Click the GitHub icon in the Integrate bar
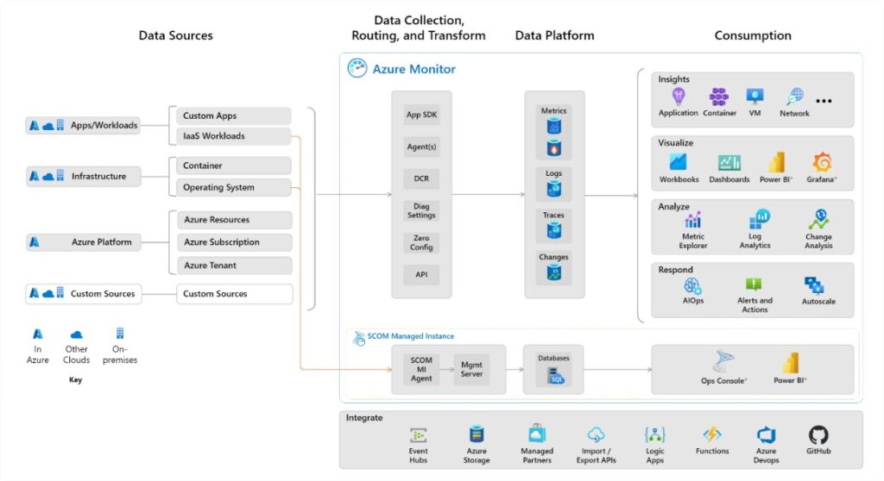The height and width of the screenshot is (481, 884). (x=818, y=434)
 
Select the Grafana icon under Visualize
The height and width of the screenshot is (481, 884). (x=822, y=162)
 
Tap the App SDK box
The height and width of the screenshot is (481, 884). (x=420, y=115)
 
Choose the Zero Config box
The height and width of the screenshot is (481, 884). (x=420, y=242)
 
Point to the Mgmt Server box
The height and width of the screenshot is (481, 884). (x=471, y=369)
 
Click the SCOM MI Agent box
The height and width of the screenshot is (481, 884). (x=421, y=369)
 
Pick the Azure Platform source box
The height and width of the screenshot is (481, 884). (x=84, y=242)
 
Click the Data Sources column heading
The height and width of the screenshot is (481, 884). (x=175, y=35)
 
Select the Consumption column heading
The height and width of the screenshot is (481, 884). (x=752, y=35)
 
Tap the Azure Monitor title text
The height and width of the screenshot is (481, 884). (x=414, y=69)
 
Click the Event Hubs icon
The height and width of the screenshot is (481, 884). (x=419, y=434)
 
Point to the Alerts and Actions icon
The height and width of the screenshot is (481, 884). (x=754, y=284)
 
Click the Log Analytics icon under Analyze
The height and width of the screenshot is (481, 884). (x=761, y=219)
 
